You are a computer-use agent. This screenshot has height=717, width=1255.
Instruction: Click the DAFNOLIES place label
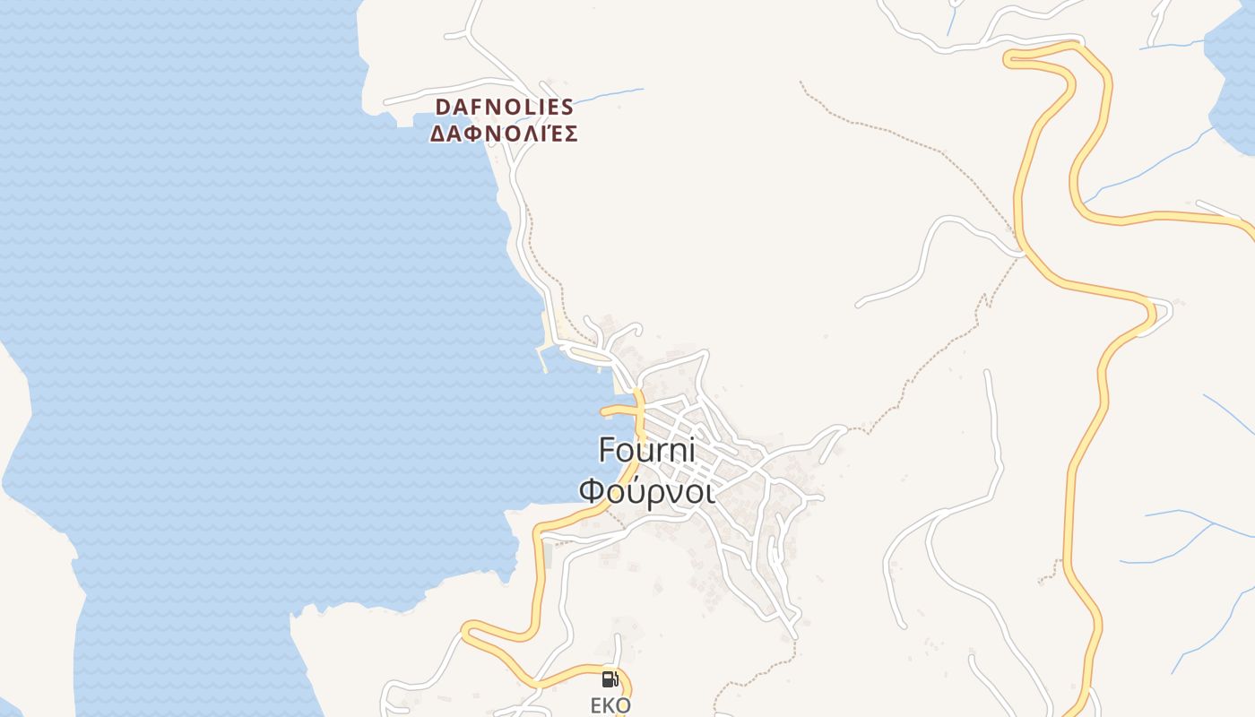(504, 108)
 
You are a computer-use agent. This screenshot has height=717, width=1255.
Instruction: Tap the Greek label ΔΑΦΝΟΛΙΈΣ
(504, 134)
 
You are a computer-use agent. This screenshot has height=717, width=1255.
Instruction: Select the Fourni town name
(647, 450)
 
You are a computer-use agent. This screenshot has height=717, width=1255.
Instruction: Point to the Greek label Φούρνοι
(647, 491)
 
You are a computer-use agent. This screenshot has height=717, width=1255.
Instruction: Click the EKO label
(610, 705)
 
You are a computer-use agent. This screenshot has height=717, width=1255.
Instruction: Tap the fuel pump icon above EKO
(610, 679)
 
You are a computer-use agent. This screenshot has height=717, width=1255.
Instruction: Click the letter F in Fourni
(608, 450)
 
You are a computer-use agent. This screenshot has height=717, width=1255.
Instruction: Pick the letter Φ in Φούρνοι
(593, 491)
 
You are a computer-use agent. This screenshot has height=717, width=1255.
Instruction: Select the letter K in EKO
(610, 705)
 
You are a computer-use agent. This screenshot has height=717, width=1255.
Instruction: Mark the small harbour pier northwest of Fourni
(544, 357)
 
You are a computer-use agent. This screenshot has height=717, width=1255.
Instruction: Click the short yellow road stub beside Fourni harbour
(617, 411)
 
